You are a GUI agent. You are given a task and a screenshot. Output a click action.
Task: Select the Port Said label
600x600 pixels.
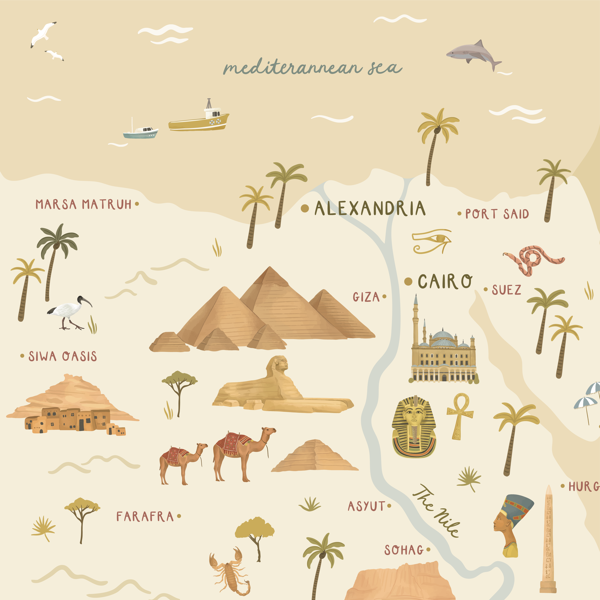point(497,214)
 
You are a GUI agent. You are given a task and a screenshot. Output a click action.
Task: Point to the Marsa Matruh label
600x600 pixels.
point(83,204)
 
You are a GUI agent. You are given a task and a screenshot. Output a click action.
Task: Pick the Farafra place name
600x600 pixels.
point(145,516)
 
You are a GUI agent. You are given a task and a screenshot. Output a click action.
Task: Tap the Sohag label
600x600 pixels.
point(404,550)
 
